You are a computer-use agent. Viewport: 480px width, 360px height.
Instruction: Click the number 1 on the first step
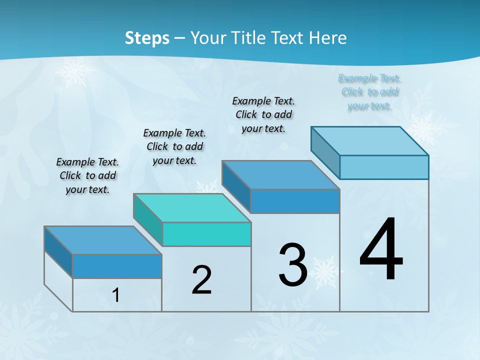point(116,295)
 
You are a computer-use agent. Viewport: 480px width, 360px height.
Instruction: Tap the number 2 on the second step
point(201,279)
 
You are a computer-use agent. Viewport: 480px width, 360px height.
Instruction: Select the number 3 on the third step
point(293,264)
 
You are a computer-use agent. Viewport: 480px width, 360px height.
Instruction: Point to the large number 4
point(381,249)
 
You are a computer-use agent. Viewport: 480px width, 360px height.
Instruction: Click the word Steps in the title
point(147,38)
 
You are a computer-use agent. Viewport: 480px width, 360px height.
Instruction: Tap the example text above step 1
point(87,175)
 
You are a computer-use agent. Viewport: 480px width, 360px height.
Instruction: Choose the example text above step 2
point(174,146)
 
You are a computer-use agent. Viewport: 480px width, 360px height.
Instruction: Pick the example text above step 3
point(263,114)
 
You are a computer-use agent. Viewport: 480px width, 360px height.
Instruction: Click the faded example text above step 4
point(369,92)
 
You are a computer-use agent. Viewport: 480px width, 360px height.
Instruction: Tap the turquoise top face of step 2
point(192,208)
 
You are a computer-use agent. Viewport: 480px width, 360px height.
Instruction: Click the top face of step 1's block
point(103,240)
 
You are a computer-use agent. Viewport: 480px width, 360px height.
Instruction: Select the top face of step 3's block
point(280,175)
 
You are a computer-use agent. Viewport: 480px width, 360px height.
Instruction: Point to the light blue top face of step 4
point(369,141)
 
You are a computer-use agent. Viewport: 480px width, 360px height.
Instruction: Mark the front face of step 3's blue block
point(295,201)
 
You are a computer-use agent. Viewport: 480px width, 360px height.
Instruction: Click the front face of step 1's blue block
point(117,266)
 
